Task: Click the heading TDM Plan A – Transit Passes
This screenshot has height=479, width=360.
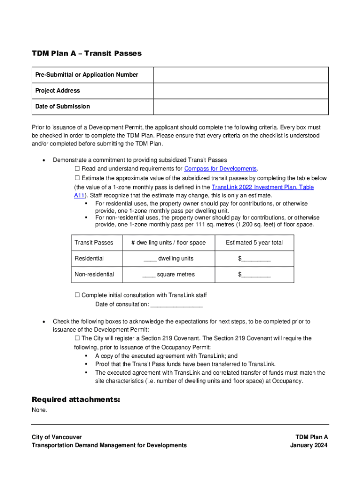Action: [x=86, y=53]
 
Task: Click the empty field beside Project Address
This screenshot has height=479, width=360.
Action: [x=241, y=91]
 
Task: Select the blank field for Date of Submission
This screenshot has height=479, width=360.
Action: [x=241, y=107]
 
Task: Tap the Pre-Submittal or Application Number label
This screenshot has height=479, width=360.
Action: [x=86, y=75]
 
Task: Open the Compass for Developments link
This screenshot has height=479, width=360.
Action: [x=221, y=169]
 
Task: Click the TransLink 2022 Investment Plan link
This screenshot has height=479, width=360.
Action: [x=263, y=187]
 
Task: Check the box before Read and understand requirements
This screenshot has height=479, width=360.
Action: [x=77, y=169]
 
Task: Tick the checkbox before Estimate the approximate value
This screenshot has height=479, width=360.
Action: [x=77, y=178]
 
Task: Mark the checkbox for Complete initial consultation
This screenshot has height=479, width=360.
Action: [x=77, y=295]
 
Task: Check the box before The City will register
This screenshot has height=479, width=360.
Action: [x=77, y=338]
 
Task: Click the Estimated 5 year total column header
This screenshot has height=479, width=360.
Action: [x=254, y=243]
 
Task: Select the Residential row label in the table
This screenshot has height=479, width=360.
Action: [x=89, y=259]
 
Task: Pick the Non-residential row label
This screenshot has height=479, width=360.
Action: [x=94, y=275]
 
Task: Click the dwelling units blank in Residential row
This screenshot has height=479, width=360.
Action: [x=150, y=259]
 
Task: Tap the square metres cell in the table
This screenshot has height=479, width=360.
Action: [x=168, y=275]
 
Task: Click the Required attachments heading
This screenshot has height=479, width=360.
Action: [x=76, y=399]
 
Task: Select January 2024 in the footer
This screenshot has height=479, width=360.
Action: [x=309, y=445]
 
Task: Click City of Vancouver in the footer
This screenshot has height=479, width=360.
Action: [x=57, y=437]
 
